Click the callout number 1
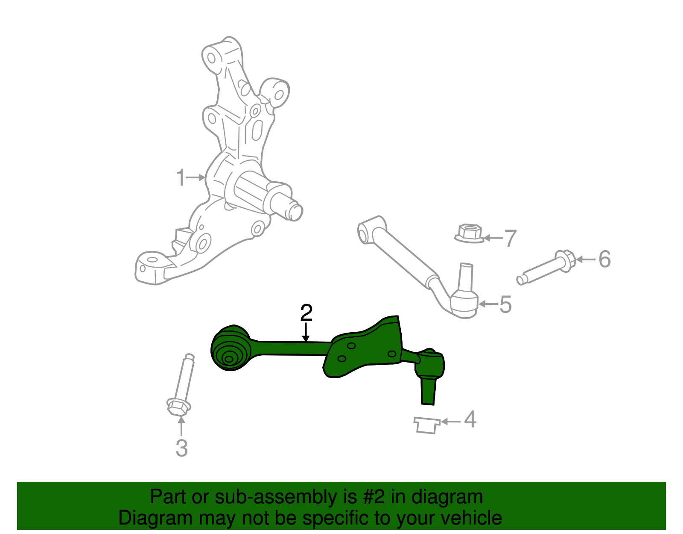pyautogui.click(x=181, y=177)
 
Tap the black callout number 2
pyautogui.click(x=306, y=313)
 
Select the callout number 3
pyautogui.click(x=181, y=448)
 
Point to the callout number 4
pyautogui.click(x=470, y=419)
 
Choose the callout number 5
pyautogui.click(x=505, y=304)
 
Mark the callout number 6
pyautogui.click(x=604, y=259)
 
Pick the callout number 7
pyautogui.click(x=511, y=238)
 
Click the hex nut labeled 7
pyautogui.click(x=469, y=233)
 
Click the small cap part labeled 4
pyautogui.click(x=426, y=425)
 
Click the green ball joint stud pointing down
pyautogui.click(x=428, y=391)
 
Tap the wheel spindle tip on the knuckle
pyautogui.click(x=295, y=212)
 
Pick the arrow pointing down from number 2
pyautogui.click(x=306, y=333)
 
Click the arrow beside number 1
pyautogui.click(x=196, y=177)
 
